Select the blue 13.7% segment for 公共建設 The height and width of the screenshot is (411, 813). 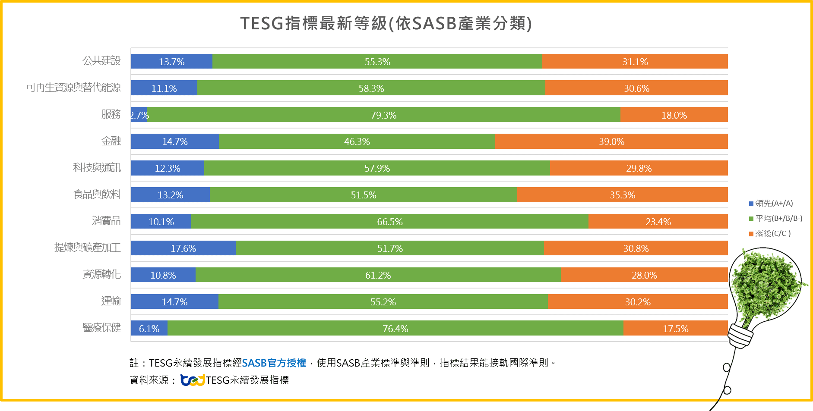click(171, 62)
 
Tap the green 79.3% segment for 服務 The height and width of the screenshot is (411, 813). click(383, 115)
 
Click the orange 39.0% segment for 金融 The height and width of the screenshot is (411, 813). click(611, 141)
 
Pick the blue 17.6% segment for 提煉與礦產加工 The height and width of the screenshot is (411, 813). click(183, 248)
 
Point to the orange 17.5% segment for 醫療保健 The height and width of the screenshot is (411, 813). click(675, 329)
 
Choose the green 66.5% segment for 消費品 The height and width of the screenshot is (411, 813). click(389, 222)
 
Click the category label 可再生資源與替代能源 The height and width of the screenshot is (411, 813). click(73, 88)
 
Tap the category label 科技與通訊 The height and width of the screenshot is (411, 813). click(97, 168)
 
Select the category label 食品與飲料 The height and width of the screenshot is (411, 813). click(97, 195)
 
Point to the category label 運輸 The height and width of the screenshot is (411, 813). click(111, 301)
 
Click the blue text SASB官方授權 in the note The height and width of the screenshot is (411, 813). click(274, 363)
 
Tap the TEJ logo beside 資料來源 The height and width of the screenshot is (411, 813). click(193, 380)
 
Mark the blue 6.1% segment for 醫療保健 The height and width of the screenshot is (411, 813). click(149, 329)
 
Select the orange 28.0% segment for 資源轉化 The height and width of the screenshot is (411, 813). click(644, 275)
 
